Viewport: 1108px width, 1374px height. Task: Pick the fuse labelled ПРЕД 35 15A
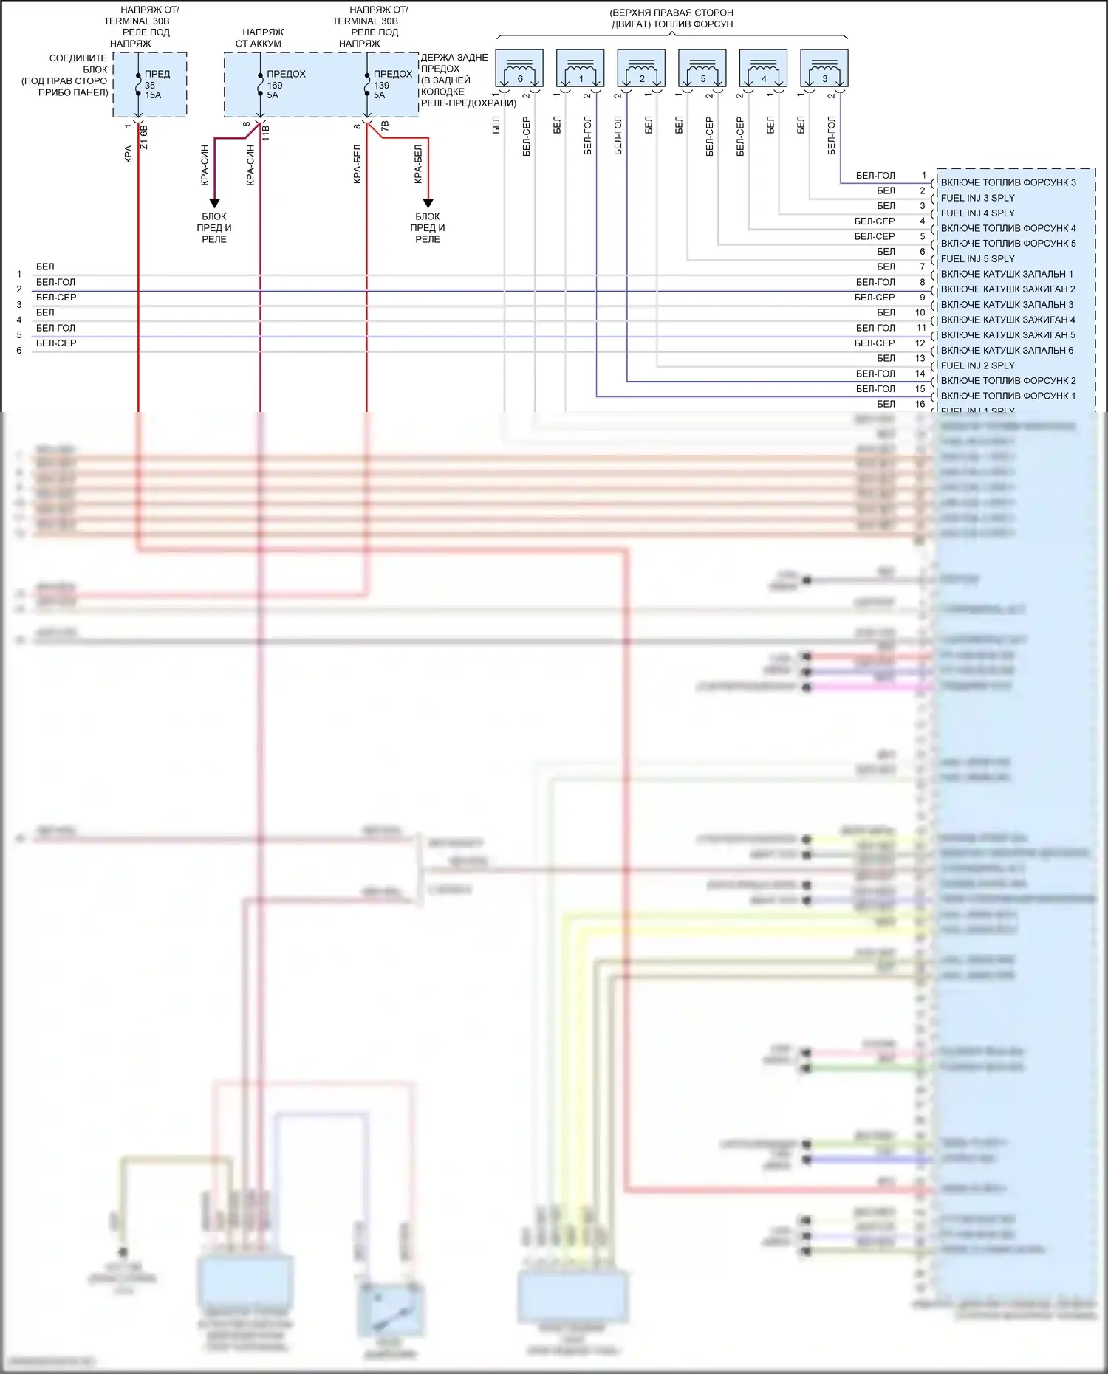[138, 84]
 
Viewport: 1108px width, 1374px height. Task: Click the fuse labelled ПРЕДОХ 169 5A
[260, 84]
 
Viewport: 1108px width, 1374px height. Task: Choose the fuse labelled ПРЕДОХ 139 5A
[367, 84]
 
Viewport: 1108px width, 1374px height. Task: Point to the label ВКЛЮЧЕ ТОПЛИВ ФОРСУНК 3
[1008, 182]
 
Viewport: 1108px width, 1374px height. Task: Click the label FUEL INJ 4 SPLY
[977, 213]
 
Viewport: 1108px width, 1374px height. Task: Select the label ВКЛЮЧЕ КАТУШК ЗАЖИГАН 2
[1008, 289]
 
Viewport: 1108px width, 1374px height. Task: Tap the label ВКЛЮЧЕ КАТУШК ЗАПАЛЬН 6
[1007, 350]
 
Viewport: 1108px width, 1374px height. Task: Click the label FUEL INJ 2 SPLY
[977, 365]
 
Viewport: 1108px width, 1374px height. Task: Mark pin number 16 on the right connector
[920, 404]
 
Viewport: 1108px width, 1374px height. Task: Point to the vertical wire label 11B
[266, 134]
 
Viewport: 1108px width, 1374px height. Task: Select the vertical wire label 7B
[384, 126]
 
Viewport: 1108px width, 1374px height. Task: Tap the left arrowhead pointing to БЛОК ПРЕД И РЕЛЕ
[214, 203]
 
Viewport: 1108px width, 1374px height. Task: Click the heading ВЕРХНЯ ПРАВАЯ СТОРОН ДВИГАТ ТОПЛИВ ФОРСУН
[671, 18]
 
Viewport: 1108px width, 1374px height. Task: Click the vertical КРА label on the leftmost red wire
[128, 154]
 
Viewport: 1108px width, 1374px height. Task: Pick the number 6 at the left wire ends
[19, 351]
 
